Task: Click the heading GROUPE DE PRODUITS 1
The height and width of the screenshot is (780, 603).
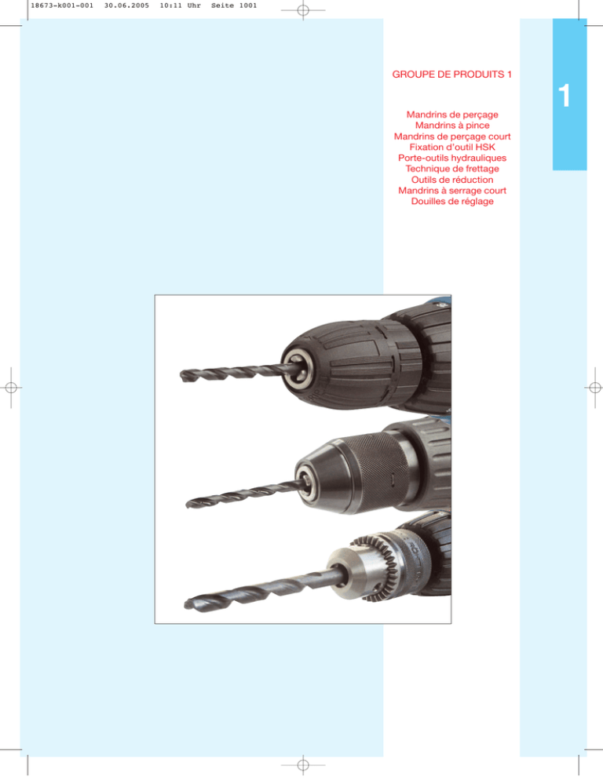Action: coord(451,75)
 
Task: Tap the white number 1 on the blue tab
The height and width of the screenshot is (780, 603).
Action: coord(565,96)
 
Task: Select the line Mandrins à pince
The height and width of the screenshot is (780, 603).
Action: coord(452,126)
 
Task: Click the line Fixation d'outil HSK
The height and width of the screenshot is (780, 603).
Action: coord(452,148)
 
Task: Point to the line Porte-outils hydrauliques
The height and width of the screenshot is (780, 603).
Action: coord(452,159)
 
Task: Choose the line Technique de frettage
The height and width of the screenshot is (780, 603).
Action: coord(452,169)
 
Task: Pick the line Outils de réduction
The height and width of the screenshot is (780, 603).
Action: coord(452,180)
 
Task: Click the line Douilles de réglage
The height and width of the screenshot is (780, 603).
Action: coord(452,202)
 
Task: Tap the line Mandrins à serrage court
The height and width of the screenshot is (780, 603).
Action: coord(452,191)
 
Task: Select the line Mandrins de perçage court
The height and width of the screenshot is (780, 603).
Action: coord(452,137)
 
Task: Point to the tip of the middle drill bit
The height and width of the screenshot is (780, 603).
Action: coord(188,505)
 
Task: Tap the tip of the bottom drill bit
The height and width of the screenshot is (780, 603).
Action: coord(186,605)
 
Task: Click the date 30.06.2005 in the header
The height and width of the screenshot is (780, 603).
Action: coord(126,5)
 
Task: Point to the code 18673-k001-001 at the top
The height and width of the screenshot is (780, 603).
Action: coord(62,5)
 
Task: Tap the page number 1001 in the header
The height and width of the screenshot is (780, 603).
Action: coord(248,5)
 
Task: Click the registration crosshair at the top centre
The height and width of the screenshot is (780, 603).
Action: coord(303,10)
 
